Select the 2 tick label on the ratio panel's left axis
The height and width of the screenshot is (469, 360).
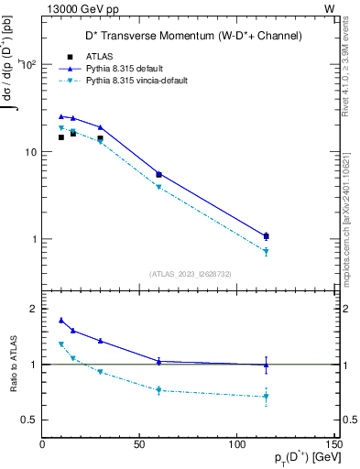(33, 309)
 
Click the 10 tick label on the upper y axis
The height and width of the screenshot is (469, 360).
(28, 152)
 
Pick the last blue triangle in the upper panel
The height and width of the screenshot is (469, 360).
(266, 235)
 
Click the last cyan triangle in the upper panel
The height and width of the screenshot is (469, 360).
(266, 251)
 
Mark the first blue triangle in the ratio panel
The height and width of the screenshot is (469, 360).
(61, 320)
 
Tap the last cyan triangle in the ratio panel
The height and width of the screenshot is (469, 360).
(266, 397)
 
